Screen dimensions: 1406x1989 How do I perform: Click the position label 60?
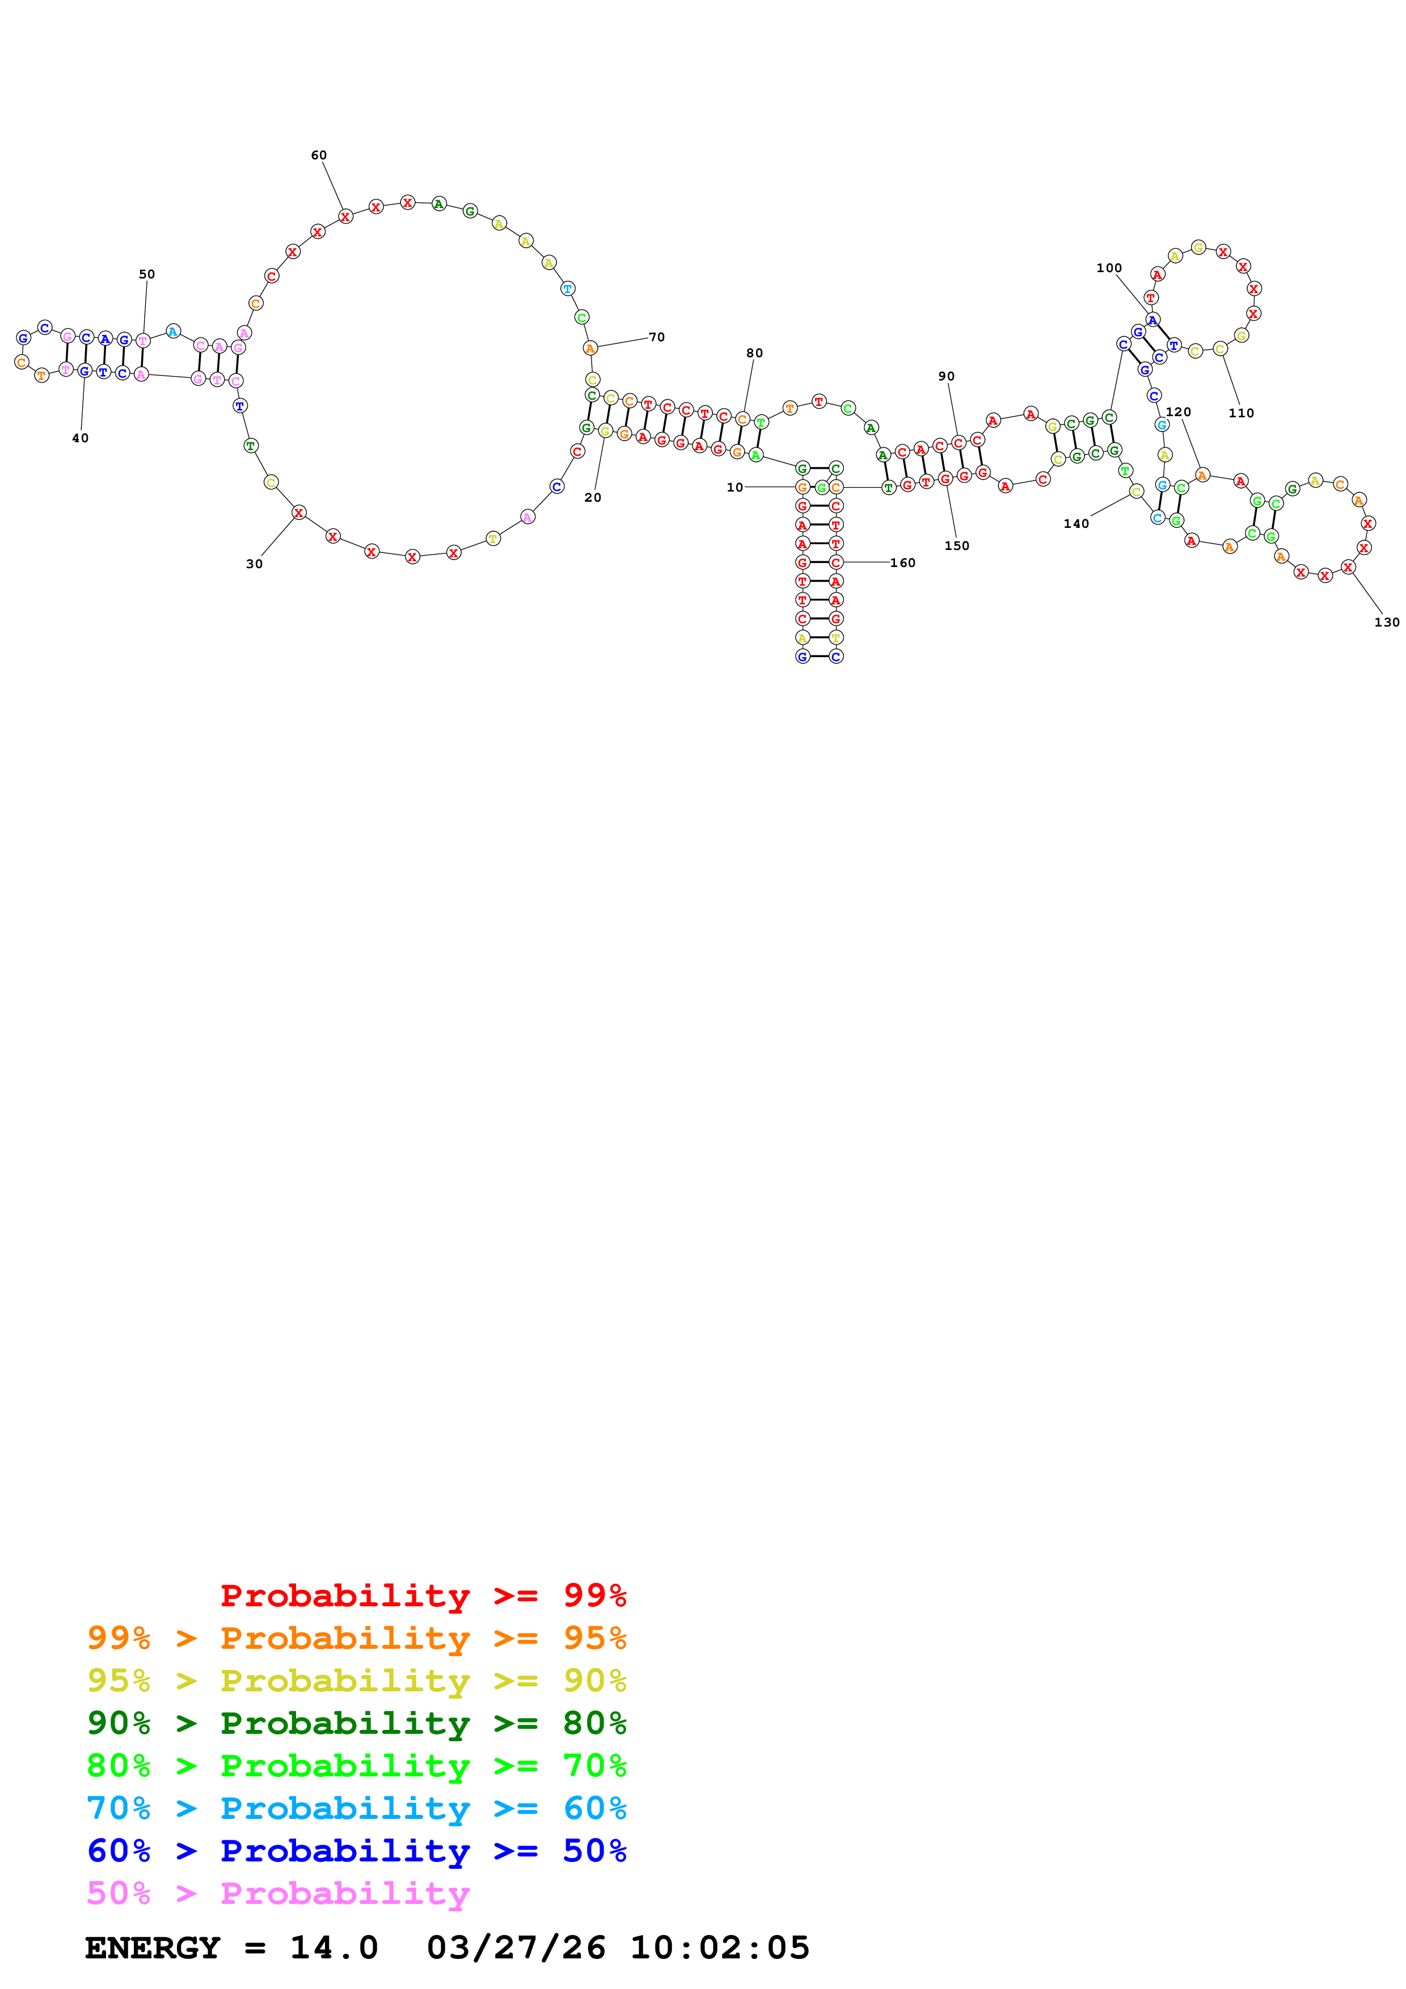[x=319, y=155]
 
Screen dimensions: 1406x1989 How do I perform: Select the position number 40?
[x=81, y=438]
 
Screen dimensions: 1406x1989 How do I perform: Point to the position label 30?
[x=255, y=564]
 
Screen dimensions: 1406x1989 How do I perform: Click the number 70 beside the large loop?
[x=657, y=337]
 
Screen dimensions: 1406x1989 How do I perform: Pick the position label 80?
[x=754, y=353]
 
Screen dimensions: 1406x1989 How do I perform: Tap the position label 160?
[x=903, y=563]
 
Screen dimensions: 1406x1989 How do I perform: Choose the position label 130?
[x=1387, y=622]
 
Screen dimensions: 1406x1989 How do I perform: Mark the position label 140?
[x=1076, y=523]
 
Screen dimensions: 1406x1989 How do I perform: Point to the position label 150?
[x=956, y=546]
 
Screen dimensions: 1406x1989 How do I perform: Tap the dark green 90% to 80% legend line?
[x=356, y=1723]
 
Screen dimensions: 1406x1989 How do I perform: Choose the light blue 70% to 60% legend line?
[x=356, y=1808]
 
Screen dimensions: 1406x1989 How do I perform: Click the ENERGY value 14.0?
[x=333, y=1948]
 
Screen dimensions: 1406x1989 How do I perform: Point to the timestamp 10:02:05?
[x=719, y=1948]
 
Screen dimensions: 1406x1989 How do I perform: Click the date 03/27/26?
[x=516, y=1948]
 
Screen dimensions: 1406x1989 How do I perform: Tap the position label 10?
[x=734, y=488]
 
